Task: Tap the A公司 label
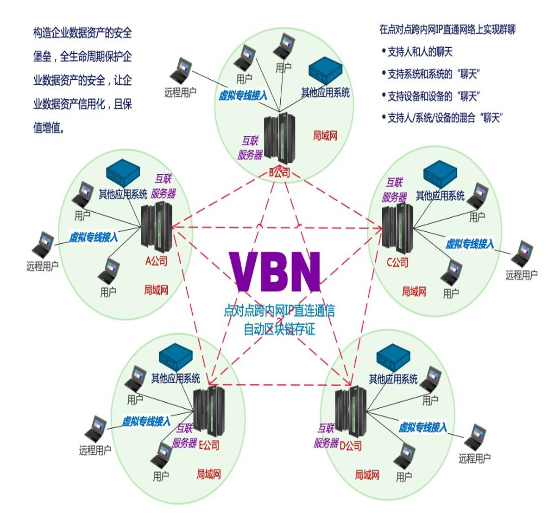pyautogui.click(x=156, y=261)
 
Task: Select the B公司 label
pyautogui.click(x=280, y=173)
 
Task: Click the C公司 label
pyautogui.click(x=397, y=263)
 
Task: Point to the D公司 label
pyautogui.click(x=351, y=445)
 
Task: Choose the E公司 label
pyautogui.click(x=209, y=445)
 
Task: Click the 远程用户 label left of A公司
pyautogui.click(x=43, y=266)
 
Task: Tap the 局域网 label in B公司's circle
pyautogui.click(x=325, y=135)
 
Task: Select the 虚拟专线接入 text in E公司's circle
pyautogui.click(x=146, y=421)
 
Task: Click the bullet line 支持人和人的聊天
pyautogui.click(x=420, y=52)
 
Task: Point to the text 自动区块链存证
pyautogui.click(x=279, y=329)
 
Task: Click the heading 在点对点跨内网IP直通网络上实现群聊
pyautogui.click(x=447, y=30)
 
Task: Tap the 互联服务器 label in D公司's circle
pyautogui.click(x=326, y=436)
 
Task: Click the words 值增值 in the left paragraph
pyautogui.click(x=48, y=127)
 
